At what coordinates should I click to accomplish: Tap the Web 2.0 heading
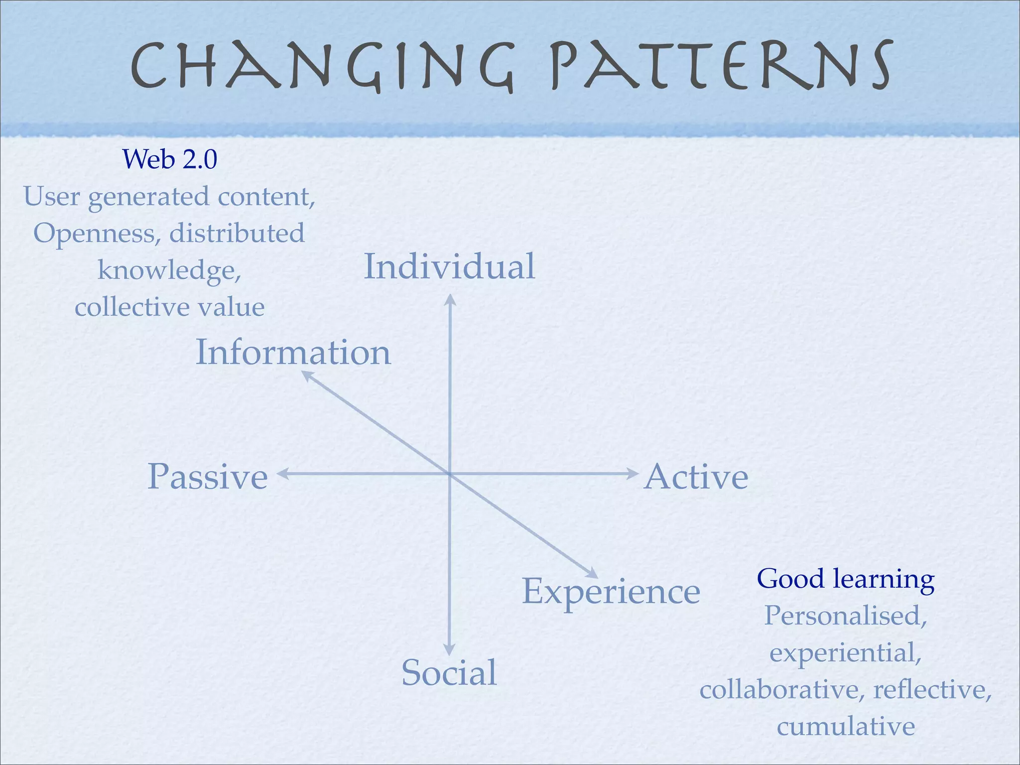170,159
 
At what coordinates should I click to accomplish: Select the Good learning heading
846,579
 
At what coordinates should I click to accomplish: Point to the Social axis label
449,672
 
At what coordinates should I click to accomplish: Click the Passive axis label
208,477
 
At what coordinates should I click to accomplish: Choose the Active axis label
696,477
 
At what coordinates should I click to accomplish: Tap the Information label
293,353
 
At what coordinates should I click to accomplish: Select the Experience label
611,592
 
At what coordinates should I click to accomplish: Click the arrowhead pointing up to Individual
450,298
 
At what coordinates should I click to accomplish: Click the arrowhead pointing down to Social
449,650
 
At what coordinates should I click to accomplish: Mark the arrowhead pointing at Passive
282,474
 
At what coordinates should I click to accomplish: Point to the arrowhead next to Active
633,474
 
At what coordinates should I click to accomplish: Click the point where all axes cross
450,474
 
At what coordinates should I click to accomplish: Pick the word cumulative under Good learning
846,726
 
